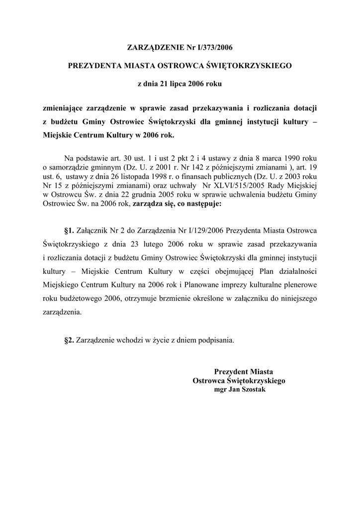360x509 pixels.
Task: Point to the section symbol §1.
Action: (69, 231)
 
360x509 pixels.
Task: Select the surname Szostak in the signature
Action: (254, 390)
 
